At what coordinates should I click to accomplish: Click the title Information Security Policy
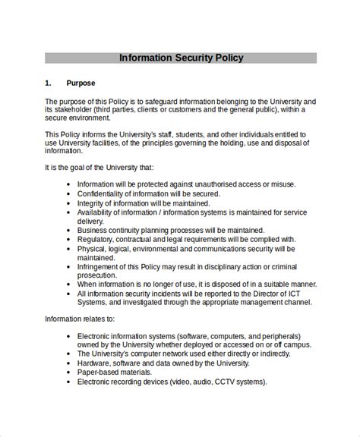pos(180,58)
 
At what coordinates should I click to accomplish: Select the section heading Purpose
pos(81,83)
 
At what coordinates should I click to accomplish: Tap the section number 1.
pos(48,83)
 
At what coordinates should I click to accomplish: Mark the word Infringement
pos(101,266)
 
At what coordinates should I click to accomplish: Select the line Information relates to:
pos(80,319)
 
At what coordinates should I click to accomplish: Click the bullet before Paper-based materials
pos(68,372)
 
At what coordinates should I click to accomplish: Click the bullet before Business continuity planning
pos(68,230)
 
